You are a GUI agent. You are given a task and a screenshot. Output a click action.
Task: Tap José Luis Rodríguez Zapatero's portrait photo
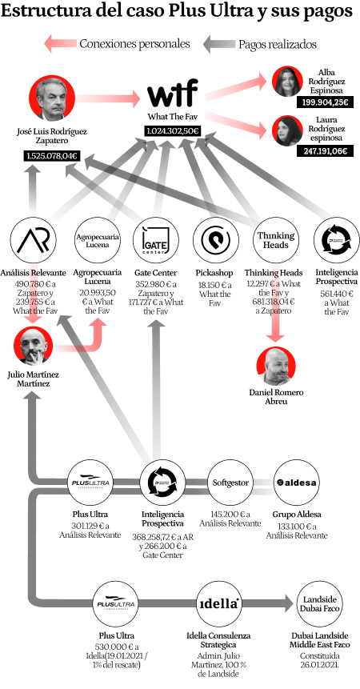tap(52, 98)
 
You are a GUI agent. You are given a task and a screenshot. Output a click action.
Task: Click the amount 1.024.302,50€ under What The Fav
tap(172, 130)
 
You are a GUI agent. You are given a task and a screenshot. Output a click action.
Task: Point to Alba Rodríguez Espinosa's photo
tap(286, 81)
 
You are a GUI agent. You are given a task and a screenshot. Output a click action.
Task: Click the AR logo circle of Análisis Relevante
tap(34, 240)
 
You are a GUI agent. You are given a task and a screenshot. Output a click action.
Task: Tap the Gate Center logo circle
tap(156, 240)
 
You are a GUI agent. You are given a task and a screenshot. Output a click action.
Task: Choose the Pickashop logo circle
tap(216, 240)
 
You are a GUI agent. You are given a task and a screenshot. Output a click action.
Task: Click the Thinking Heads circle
tap(276, 240)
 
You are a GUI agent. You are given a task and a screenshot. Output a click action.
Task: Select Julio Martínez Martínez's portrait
tap(34, 347)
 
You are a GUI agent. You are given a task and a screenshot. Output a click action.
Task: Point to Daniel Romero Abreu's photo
tap(276, 367)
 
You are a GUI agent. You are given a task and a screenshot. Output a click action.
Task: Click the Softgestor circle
tap(230, 483)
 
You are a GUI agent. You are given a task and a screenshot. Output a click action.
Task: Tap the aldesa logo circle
tap(297, 483)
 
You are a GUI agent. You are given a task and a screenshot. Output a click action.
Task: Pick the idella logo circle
tap(218, 604)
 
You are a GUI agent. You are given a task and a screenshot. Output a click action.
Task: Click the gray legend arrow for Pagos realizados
tap(218, 44)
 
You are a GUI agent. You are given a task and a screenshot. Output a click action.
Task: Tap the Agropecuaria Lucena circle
tap(97, 240)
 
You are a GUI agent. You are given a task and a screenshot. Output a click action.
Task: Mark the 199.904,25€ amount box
tap(326, 103)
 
